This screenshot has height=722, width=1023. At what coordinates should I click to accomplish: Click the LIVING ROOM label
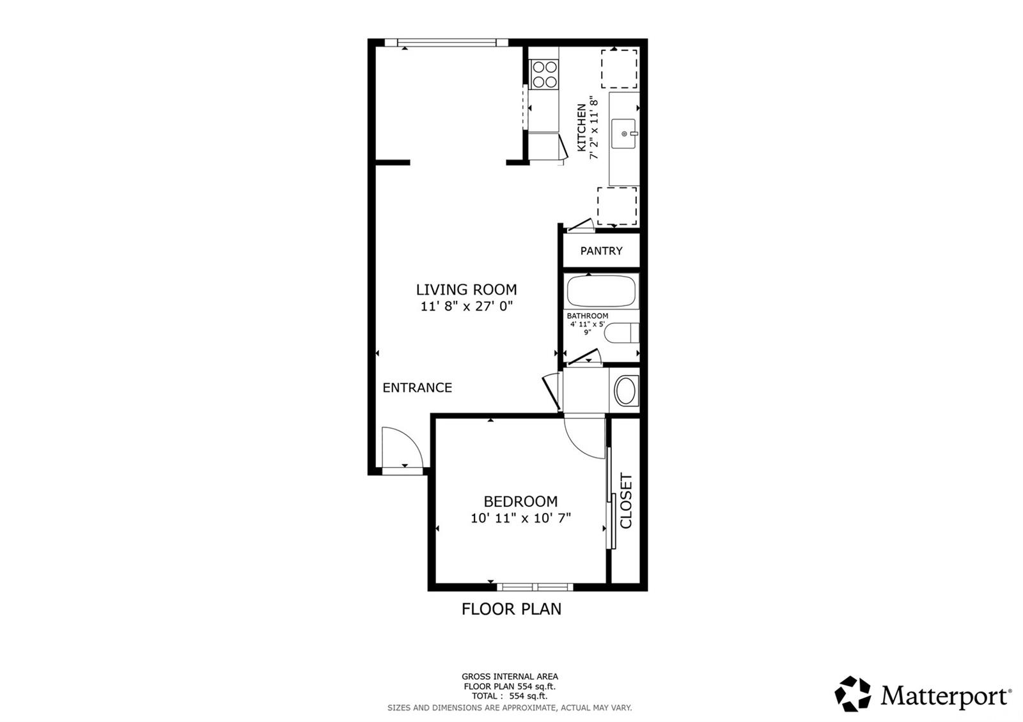[466, 289]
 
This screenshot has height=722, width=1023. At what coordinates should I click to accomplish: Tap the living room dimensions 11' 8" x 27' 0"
[467, 306]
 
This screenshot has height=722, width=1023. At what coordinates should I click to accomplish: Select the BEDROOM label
[520, 502]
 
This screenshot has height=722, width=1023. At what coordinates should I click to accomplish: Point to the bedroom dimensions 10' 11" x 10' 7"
[521, 518]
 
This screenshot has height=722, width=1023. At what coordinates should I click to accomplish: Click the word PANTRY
[601, 250]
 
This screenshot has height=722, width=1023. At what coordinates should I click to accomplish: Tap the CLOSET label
[626, 501]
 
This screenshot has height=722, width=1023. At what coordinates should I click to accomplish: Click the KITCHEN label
[581, 127]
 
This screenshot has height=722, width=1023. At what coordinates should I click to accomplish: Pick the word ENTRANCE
[417, 387]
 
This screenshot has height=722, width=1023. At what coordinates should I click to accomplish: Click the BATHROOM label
[588, 316]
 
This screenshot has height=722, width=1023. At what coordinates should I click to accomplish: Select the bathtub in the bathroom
[601, 291]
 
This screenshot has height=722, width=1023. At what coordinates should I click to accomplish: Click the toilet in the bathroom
[621, 333]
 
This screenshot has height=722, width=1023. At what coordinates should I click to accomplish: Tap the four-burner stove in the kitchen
[544, 74]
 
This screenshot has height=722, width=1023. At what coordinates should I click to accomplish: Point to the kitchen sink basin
[623, 134]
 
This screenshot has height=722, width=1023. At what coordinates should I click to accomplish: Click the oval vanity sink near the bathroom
[626, 390]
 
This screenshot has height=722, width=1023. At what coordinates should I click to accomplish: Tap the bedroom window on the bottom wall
[535, 587]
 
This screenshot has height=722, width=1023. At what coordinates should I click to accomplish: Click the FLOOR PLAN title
[511, 609]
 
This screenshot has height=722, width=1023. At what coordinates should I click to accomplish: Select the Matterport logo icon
[852, 693]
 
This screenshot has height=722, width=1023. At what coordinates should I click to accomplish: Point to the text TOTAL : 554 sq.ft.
[509, 696]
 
